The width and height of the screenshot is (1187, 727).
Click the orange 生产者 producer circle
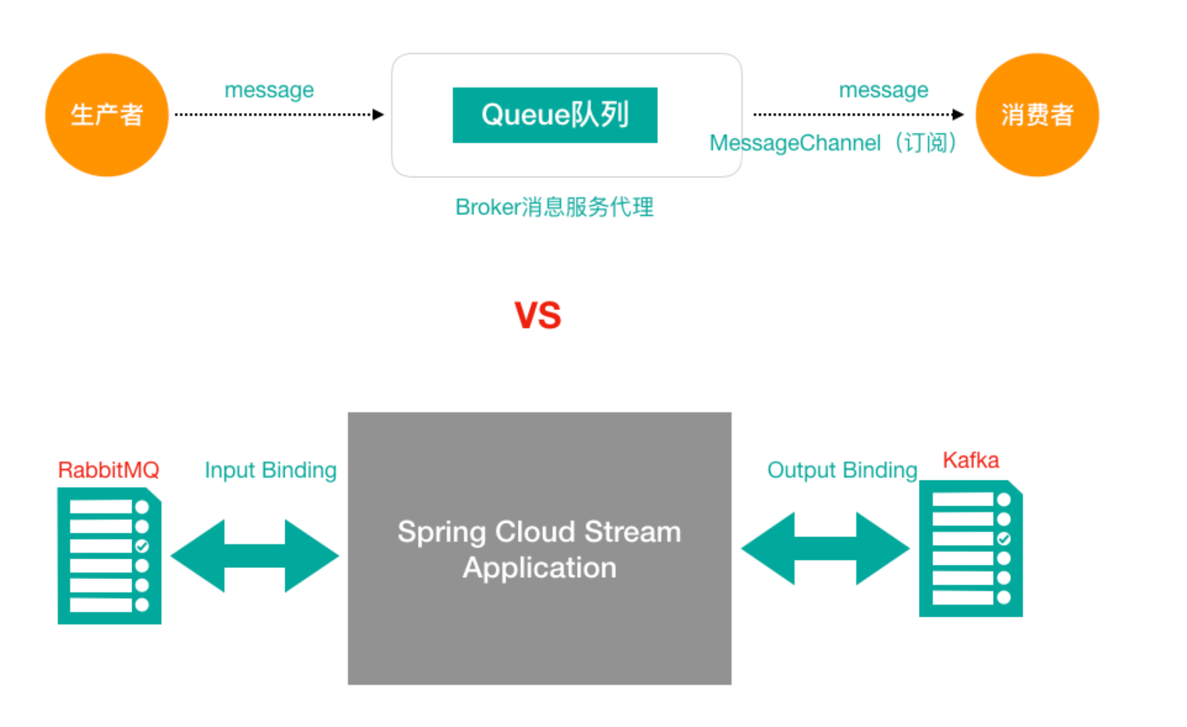click(106, 115)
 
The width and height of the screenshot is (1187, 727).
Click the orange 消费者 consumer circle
click(1036, 115)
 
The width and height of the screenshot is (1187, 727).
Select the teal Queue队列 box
click(555, 115)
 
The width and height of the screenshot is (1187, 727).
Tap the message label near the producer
click(269, 90)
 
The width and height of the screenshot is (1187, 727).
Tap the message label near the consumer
click(883, 90)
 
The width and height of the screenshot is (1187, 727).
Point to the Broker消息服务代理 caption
click(554, 207)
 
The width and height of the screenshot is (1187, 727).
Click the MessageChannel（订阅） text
click(833, 143)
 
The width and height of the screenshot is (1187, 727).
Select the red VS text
click(538, 315)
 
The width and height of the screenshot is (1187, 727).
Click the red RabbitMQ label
click(108, 470)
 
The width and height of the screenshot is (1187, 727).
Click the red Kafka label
click(970, 460)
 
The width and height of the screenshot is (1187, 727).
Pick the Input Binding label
click(270, 470)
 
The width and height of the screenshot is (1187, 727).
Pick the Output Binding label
click(842, 470)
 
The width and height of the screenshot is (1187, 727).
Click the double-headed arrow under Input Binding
click(255, 556)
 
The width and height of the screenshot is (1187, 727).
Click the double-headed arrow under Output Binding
click(826, 549)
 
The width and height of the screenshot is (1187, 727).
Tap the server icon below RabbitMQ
click(109, 556)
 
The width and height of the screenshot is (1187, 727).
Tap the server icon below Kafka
click(970, 549)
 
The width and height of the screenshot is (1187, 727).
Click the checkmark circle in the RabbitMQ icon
click(142, 546)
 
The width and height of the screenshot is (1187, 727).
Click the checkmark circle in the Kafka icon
click(1004, 539)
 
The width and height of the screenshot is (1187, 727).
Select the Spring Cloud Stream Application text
click(539, 550)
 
